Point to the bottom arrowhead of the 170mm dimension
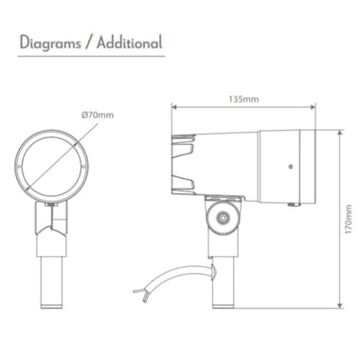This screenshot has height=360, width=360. pos(339,307)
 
